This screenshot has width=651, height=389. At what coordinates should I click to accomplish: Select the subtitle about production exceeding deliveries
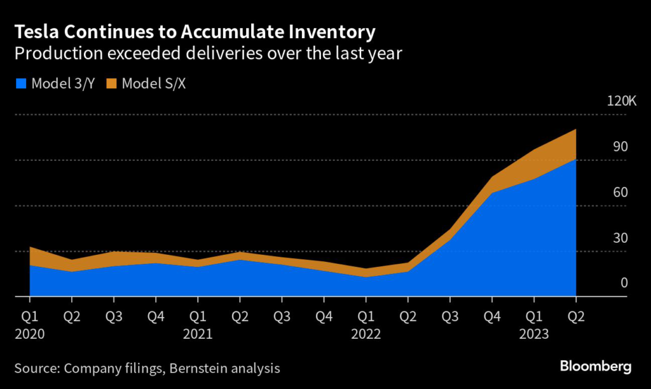click(208, 54)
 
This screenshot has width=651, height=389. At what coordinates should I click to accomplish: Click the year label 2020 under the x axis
click(29, 334)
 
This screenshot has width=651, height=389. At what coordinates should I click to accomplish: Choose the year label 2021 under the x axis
click(197, 334)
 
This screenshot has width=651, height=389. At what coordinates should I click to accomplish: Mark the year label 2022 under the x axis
click(366, 334)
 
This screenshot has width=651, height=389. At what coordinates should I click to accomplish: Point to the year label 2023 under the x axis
click(534, 334)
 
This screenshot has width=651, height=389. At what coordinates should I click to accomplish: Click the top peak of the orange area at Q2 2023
click(576, 130)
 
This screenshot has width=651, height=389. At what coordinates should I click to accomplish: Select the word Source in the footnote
click(36, 368)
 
